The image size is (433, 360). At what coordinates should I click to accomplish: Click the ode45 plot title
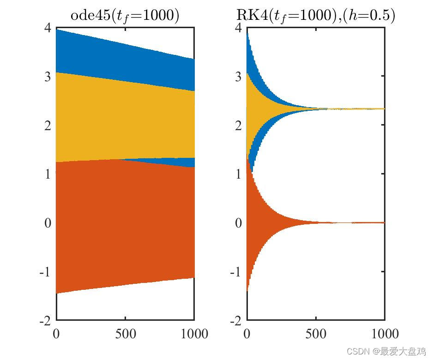click(125, 15)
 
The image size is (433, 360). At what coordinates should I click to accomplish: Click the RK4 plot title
click(316, 15)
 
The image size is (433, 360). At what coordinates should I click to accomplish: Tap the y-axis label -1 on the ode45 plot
click(44, 272)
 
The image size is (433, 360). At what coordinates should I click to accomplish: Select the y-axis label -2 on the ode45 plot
click(44, 321)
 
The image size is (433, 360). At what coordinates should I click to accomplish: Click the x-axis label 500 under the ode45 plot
click(125, 333)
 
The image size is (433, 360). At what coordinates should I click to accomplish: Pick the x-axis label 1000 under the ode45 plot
click(193, 333)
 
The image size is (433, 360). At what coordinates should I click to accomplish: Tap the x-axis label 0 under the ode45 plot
click(56, 333)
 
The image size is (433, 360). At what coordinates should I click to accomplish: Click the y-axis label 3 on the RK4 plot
click(237, 77)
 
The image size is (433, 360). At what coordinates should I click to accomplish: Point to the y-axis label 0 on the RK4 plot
click(237, 223)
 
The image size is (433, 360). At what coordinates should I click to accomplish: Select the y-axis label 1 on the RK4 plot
click(237, 174)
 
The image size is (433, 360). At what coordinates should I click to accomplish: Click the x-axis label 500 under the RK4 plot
click(316, 333)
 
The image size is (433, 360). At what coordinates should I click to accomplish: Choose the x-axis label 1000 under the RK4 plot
click(384, 333)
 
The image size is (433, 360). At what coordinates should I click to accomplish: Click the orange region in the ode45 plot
click(125, 222)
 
